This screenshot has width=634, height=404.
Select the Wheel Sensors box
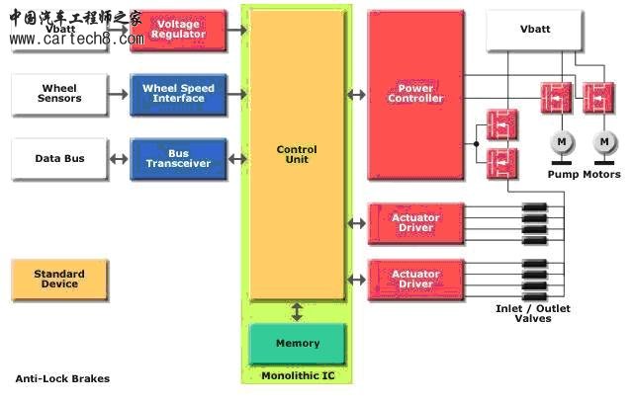[x=59, y=94]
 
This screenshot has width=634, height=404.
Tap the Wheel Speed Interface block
[x=178, y=94]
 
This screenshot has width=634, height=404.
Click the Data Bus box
[x=59, y=158]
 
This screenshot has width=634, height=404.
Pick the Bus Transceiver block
[x=178, y=158]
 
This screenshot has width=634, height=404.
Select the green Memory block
[x=298, y=343]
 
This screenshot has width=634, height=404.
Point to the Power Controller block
[x=415, y=95]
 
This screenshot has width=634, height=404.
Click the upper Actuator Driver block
[x=415, y=222]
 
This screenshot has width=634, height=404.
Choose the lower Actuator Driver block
[x=415, y=279]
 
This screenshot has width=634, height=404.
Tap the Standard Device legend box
[x=59, y=280]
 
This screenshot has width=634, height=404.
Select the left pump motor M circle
[x=561, y=143]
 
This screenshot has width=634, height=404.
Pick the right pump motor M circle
[x=603, y=143]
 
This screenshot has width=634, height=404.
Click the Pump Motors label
[x=584, y=174]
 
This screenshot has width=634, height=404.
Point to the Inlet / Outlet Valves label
[x=532, y=313]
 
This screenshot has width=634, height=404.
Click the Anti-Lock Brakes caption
[x=62, y=378]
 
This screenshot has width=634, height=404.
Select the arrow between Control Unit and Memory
[x=297, y=312]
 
